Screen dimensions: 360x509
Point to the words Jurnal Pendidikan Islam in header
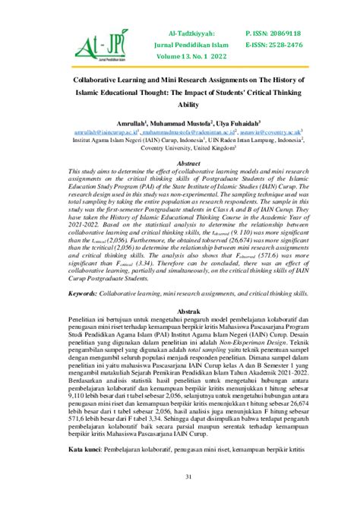click(199, 44)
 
